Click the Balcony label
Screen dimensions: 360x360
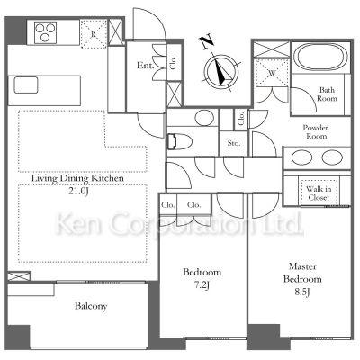point(91,306)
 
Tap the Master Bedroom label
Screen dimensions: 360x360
point(302,273)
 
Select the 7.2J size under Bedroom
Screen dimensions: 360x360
point(202,285)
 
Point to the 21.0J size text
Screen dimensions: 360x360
point(78,191)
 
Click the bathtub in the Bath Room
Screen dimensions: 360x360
point(320,57)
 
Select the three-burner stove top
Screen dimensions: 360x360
point(45,32)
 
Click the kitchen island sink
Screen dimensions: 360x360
point(26,85)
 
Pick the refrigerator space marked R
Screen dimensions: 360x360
point(94,33)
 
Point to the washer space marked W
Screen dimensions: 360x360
point(272,73)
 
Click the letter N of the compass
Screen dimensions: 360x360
point(207,42)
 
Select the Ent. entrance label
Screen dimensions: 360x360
point(145,66)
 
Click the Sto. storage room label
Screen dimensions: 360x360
point(234,143)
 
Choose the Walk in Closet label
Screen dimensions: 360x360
point(319,193)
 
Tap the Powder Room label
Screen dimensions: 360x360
point(316,132)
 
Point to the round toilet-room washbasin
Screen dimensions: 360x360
point(204,118)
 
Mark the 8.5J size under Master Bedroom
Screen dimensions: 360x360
point(301,292)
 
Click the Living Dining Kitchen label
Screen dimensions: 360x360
point(77,178)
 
